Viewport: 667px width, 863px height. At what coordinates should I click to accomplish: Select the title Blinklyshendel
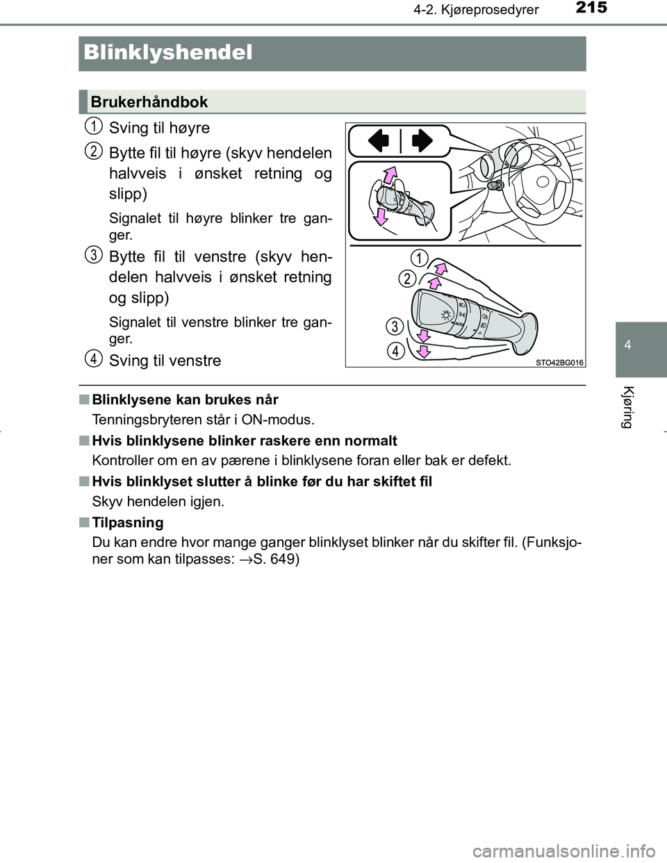pos(167,53)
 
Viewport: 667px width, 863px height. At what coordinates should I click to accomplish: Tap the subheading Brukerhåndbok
pos(149,102)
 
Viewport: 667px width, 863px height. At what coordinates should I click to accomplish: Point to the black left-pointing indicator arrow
pos(379,141)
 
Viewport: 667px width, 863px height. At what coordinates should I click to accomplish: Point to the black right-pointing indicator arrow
pos(422,141)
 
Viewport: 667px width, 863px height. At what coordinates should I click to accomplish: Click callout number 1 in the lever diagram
pos(418,258)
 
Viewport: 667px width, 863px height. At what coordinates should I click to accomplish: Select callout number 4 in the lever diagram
pos(395,351)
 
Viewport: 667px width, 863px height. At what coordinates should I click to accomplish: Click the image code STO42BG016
pos(560,362)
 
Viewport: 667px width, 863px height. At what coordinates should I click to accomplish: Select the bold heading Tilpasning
pos(127,523)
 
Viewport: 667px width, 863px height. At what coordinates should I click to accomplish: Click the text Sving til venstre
pos(165,361)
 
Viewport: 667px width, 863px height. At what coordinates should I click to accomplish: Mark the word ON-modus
pos(284,419)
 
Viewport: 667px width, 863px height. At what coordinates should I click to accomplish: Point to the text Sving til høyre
pos(159,128)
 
